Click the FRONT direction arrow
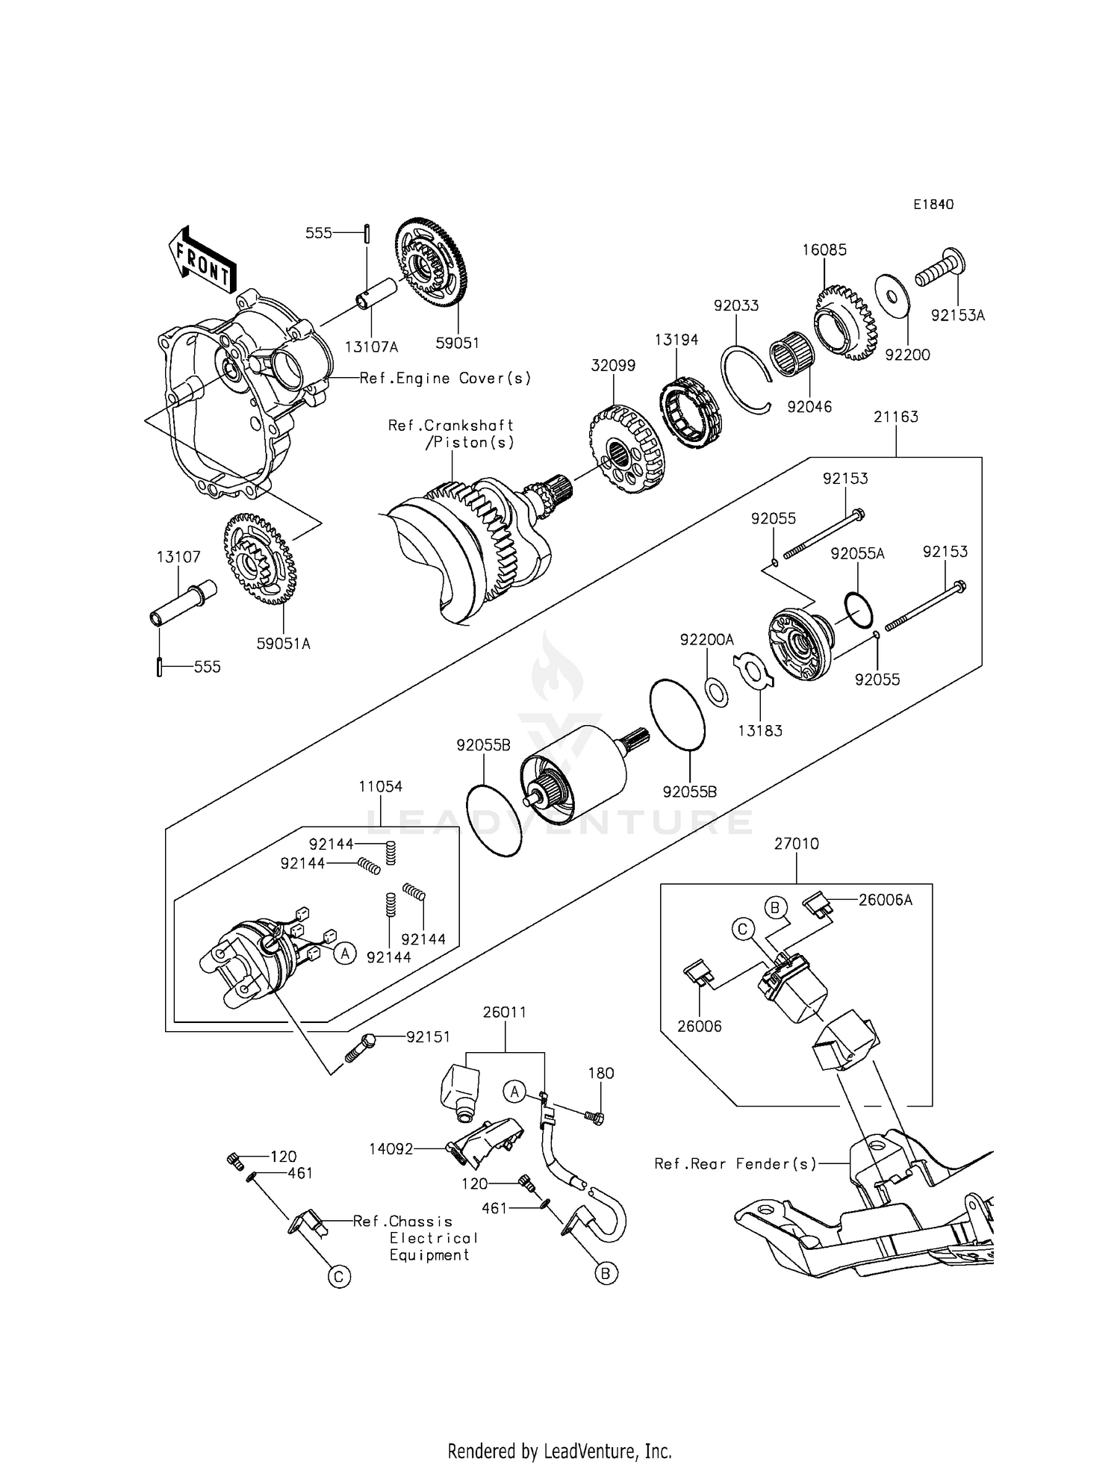(x=202, y=259)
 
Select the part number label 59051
(x=458, y=343)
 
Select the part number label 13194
(x=676, y=340)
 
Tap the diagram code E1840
(x=933, y=205)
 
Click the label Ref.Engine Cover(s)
(x=445, y=378)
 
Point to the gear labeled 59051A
(x=260, y=559)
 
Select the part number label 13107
(x=178, y=557)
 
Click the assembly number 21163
(x=896, y=417)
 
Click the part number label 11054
(x=380, y=786)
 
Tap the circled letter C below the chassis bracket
(x=338, y=1277)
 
